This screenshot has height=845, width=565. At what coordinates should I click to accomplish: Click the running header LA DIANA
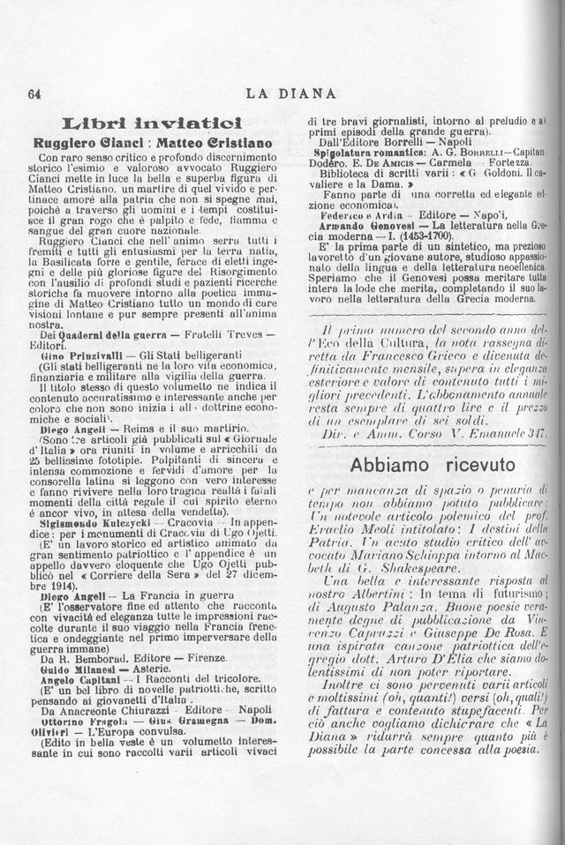[290, 93]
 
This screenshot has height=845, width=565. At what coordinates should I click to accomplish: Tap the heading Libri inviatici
[148, 123]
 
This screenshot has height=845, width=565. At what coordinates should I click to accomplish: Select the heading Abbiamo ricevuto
[433, 464]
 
